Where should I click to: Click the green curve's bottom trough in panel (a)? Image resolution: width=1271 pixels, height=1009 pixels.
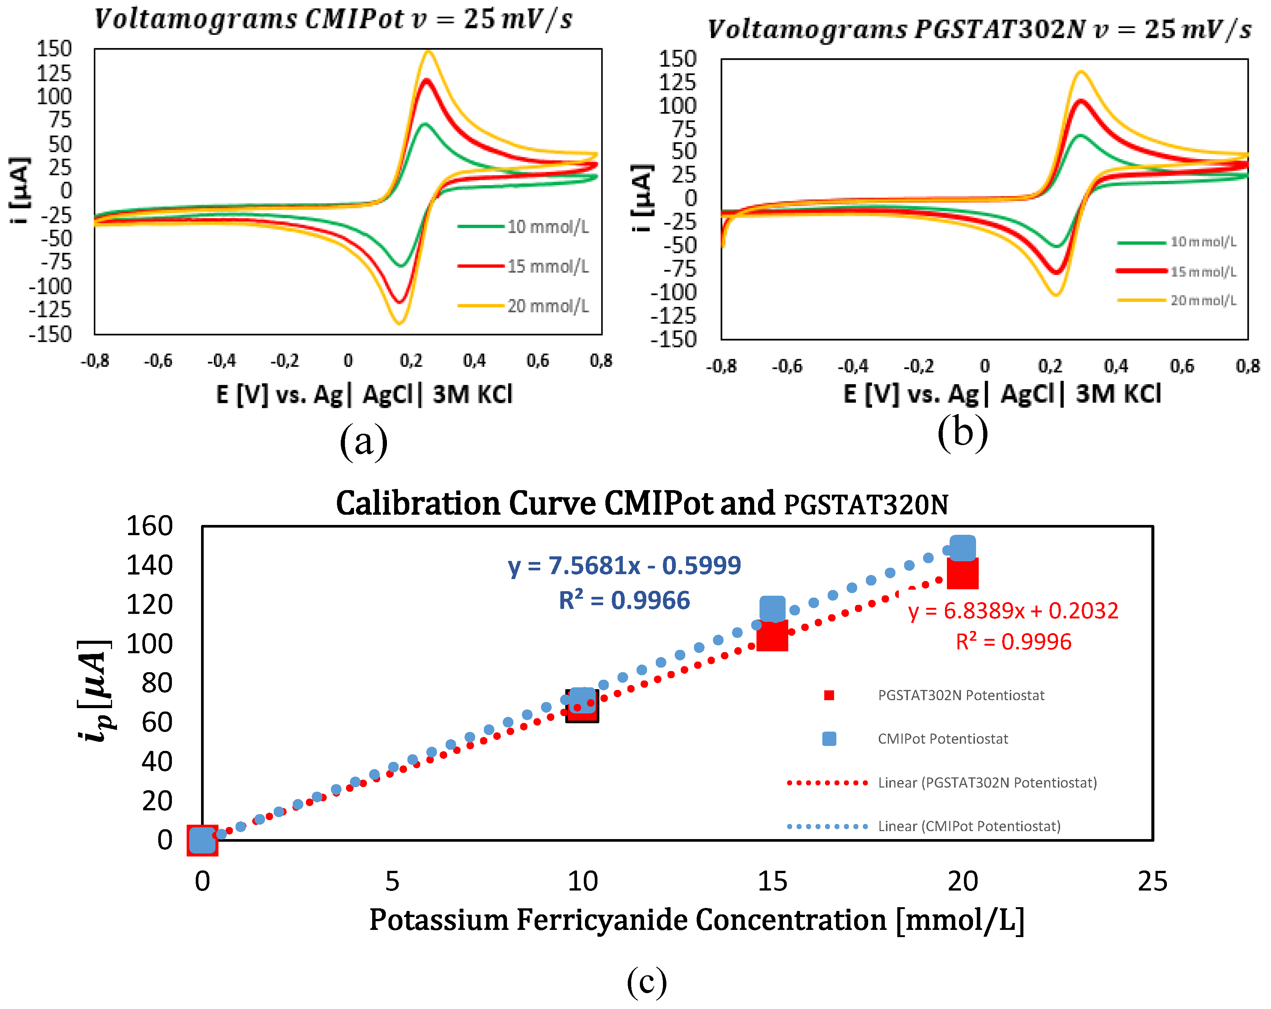click(401, 266)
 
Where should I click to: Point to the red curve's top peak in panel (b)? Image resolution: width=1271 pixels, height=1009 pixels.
click(1081, 101)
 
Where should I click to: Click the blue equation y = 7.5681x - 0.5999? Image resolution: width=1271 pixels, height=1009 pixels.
click(624, 566)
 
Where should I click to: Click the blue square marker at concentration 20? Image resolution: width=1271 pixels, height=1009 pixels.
click(962, 548)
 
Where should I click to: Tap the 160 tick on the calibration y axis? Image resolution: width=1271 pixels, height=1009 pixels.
click(150, 526)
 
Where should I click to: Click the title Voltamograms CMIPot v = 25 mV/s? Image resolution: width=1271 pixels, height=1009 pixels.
click(333, 19)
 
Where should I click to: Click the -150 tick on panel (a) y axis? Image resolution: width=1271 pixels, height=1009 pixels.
click(51, 335)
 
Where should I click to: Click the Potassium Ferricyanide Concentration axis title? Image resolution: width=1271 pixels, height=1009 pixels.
click(696, 920)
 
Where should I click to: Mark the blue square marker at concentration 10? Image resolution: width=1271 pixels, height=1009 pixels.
click(582, 699)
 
